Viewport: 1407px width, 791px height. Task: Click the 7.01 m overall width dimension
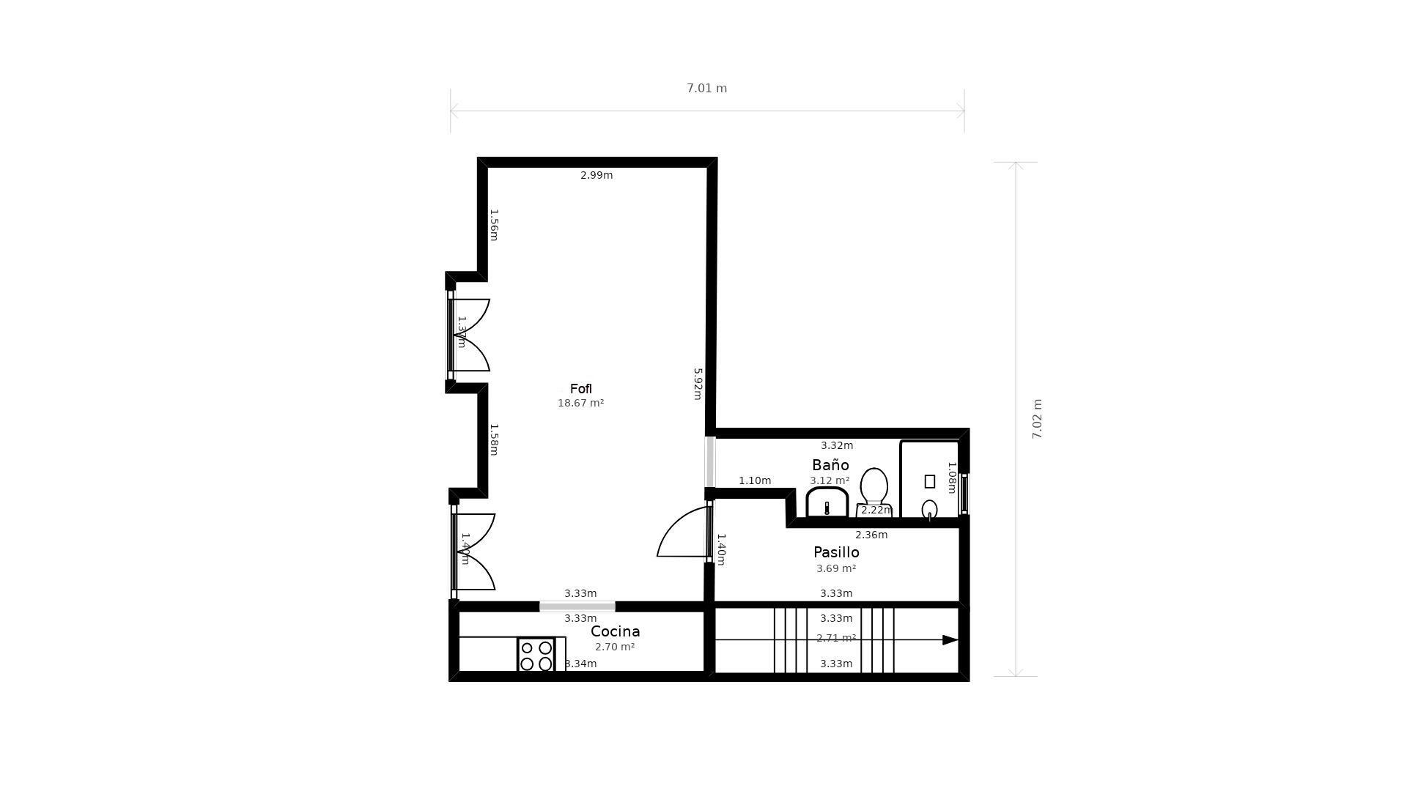click(x=706, y=89)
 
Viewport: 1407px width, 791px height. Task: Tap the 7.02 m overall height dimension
click(x=1037, y=419)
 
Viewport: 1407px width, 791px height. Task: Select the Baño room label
click(x=830, y=465)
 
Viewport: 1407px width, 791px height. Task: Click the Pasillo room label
click(x=836, y=552)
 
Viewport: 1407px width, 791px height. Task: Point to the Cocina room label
click(x=615, y=631)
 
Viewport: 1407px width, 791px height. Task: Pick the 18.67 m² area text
click(x=580, y=403)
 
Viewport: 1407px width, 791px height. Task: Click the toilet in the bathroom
click(x=874, y=488)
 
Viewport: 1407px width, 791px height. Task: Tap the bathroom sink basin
click(x=827, y=503)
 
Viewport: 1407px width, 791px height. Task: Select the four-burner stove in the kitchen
click(x=536, y=655)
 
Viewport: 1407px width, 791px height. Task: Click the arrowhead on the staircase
click(x=950, y=640)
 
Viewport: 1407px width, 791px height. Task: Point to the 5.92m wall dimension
click(x=698, y=384)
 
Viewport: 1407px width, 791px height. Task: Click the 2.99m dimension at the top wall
click(x=597, y=175)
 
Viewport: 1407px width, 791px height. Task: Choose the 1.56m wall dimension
click(x=494, y=225)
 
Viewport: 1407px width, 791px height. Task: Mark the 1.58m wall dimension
click(x=494, y=439)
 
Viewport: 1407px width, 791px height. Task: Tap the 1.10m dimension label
click(x=755, y=481)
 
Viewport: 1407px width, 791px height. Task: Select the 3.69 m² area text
click(x=836, y=568)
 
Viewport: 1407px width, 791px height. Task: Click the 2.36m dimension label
click(x=871, y=535)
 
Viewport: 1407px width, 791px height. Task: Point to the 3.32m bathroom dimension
click(x=837, y=445)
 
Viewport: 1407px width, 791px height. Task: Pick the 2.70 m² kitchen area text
click(x=615, y=647)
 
